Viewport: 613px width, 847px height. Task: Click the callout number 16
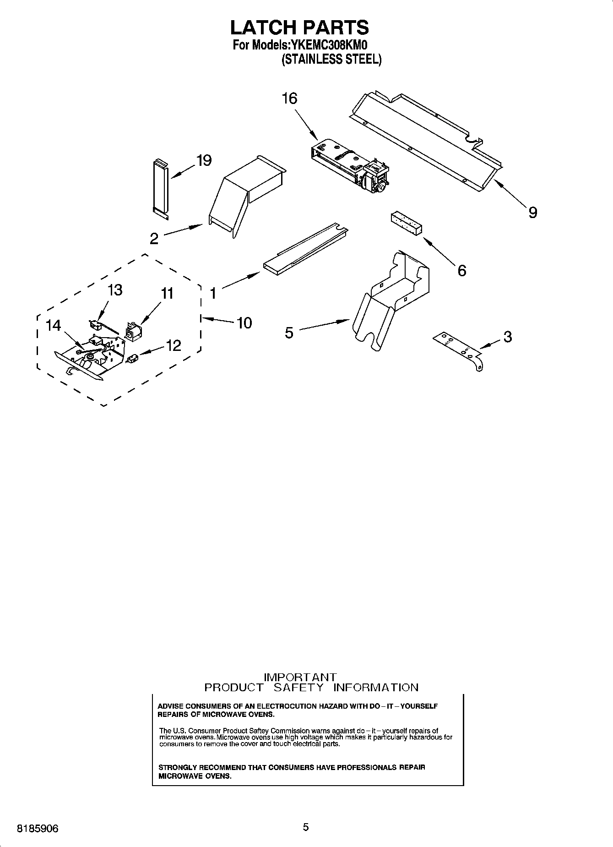click(x=290, y=98)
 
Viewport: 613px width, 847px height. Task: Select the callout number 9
click(x=532, y=212)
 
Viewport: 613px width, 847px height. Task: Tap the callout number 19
click(x=204, y=160)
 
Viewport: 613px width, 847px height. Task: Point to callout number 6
click(x=462, y=271)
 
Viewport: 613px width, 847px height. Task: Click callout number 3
click(x=507, y=337)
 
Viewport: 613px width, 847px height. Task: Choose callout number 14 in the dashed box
click(x=53, y=326)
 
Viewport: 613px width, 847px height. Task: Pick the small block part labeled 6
click(x=406, y=224)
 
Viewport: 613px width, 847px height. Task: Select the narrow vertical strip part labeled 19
click(x=161, y=187)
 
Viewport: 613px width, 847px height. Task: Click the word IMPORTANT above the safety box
click(x=300, y=677)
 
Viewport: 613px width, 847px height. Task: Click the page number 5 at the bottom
click(x=306, y=827)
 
